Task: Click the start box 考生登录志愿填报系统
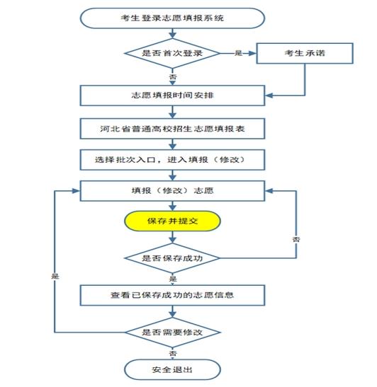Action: pyautogui.click(x=172, y=18)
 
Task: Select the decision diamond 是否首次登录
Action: pyautogui.click(x=172, y=53)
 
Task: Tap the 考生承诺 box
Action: pyautogui.click(x=305, y=53)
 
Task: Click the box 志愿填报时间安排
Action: pyautogui.click(x=172, y=96)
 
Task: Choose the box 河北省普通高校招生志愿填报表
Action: pyautogui.click(x=172, y=129)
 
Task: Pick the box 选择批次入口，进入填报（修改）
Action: pyautogui.click(x=172, y=160)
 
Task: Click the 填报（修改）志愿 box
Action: pyautogui.click(x=172, y=191)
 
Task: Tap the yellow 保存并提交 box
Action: pyautogui.click(x=172, y=221)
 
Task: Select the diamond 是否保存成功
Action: pyautogui.click(x=172, y=258)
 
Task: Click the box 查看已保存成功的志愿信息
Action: pyautogui.click(x=172, y=295)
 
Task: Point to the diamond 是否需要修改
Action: pyautogui.click(x=172, y=333)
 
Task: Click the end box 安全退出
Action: pyautogui.click(x=172, y=370)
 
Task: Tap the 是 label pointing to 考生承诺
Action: pyautogui.click(x=238, y=53)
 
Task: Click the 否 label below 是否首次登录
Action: pyautogui.click(x=173, y=76)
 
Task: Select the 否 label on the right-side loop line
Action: pyautogui.click(x=296, y=239)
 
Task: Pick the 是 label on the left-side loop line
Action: pyautogui.click(x=55, y=276)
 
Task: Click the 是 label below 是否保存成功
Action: pyautogui.click(x=173, y=279)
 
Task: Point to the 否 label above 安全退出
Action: pyautogui.click(x=173, y=353)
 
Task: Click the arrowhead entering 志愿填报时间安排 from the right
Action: pyautogui.click(x=269, y=96)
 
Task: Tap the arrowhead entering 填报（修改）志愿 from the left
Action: pyautogui.click(x=76, y=191)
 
